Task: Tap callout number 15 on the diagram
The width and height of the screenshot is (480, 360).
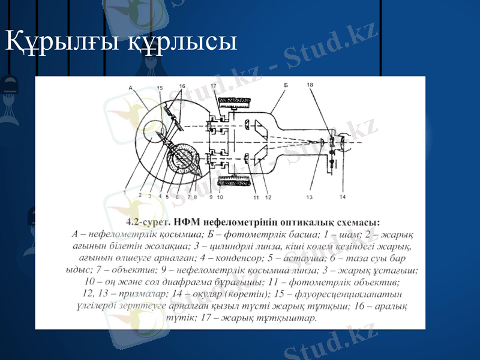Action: (x=160, y=88)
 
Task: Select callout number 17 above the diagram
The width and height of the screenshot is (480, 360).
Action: (x=214, y=86)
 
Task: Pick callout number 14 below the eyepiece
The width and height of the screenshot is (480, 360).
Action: (x=342, y=196)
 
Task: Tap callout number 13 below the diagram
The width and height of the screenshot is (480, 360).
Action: (x=310, y=196)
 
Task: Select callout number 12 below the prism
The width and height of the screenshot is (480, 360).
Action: (x=268, y=197)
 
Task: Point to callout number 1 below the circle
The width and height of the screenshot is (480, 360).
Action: (x=125, y=193)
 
